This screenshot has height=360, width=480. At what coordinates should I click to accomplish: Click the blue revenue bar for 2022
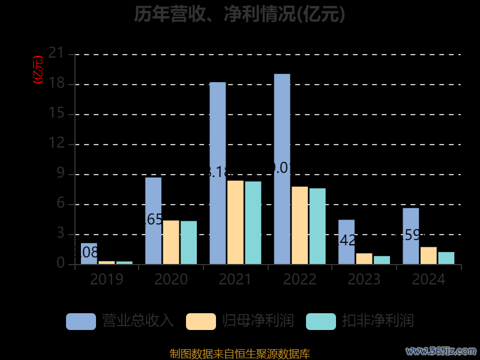tap(282, 169)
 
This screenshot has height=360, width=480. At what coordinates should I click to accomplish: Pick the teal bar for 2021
tap(253, 223)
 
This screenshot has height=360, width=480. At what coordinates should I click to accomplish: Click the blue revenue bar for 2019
tap(89, 253)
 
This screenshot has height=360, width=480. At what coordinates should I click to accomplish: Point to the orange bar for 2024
tap(428, 256)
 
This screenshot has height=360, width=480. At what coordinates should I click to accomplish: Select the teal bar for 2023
tap(382, 260)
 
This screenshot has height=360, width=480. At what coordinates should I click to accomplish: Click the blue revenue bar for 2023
tap(346, 242)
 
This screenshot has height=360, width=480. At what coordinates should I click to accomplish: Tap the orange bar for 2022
tap(300, 225)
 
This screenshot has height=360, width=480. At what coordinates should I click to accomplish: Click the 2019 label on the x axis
tap(107, 279)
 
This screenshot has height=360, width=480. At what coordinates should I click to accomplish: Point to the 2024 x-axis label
tap(428, 279)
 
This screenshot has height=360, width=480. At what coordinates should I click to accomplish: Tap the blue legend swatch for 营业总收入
tap(81, 321)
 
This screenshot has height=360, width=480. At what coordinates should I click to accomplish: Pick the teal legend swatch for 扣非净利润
tap(321, 321)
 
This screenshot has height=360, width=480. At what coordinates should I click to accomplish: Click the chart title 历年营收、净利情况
tap(240, 14)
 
